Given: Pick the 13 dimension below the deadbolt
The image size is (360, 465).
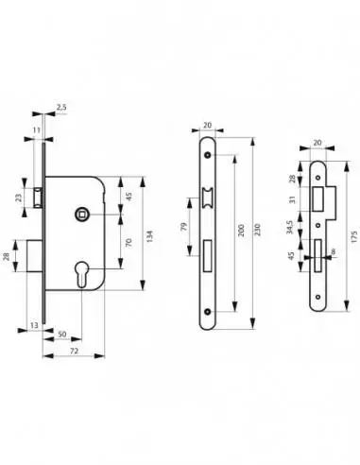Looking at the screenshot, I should pyautogui.click(x=35, y=325).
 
